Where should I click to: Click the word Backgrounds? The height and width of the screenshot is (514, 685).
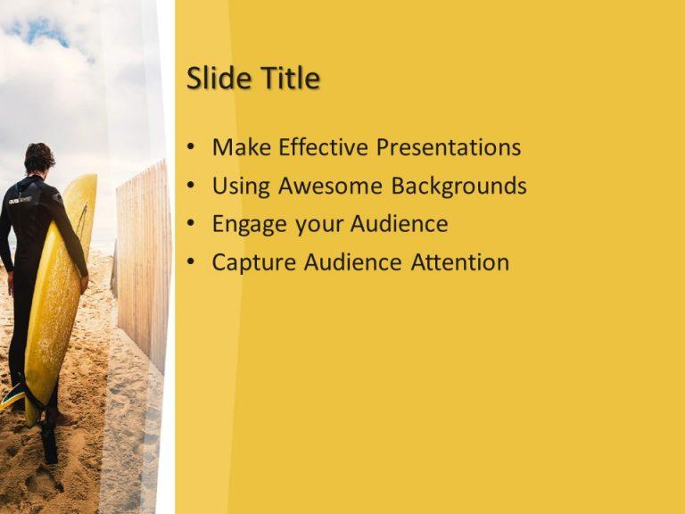[x=459, y=186]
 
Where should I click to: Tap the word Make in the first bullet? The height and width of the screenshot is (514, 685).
[x=239, y=147]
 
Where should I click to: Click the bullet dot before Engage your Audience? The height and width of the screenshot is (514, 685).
[x=192, y=225]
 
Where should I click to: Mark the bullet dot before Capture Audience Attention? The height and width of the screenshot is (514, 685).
[x=192, y=263]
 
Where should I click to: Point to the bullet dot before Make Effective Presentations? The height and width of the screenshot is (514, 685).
[x=192, y=148]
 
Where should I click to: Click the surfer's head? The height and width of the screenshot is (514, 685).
[x=38, y=158]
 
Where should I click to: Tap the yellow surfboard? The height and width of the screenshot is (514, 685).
[x=61, y=286]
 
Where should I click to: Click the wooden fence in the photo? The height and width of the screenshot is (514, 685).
[x=143, y=259]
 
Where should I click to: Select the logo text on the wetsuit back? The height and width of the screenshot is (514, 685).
[x=20, y=200]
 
